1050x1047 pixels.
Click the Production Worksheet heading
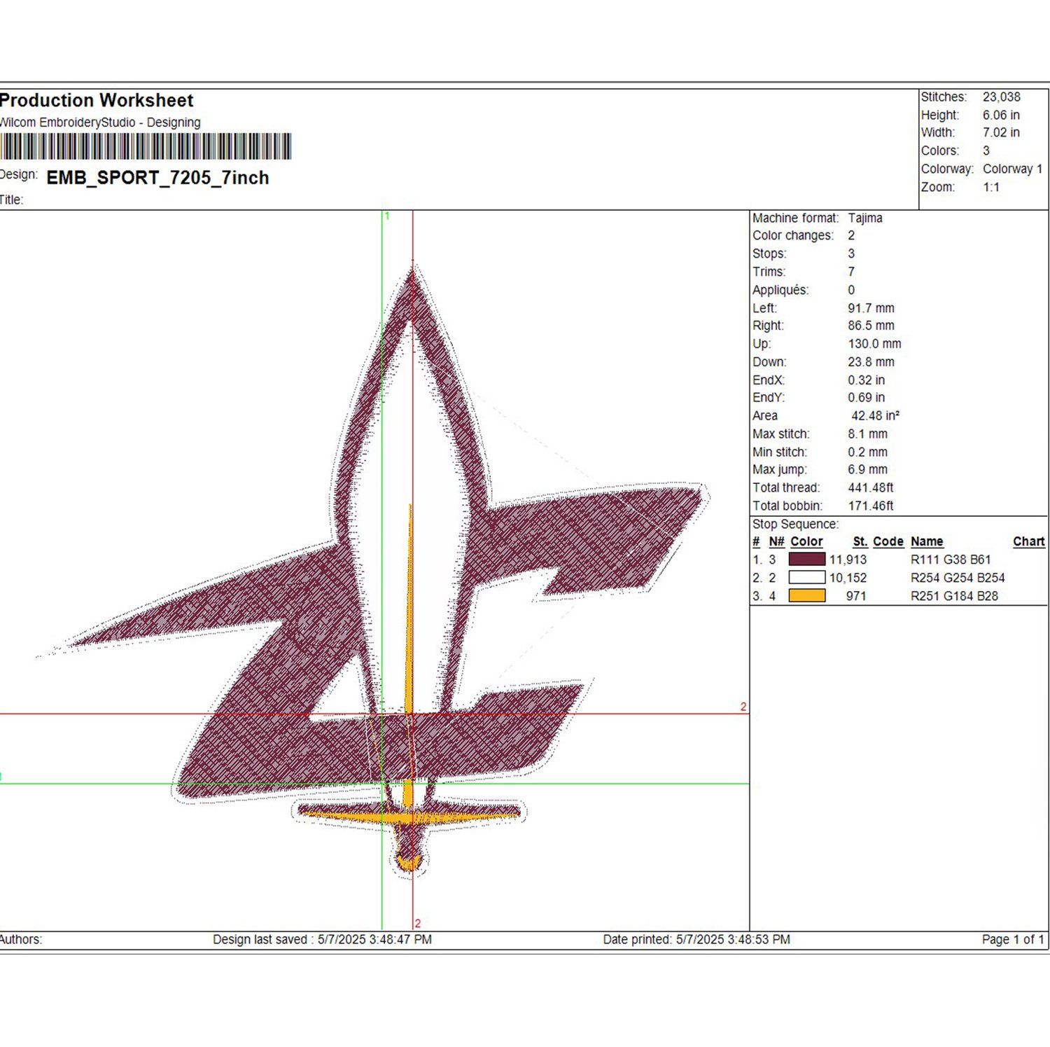(97, 100)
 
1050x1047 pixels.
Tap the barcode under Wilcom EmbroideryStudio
(146, 146)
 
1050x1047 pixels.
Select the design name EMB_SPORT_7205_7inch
(157, 178)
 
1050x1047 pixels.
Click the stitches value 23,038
(1001, 97)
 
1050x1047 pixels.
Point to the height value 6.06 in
(1001, 115)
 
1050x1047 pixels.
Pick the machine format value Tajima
(865, 218)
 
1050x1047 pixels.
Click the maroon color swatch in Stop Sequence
(806, 559)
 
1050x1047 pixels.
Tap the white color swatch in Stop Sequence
(806, 577)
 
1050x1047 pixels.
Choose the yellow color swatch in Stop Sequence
(806, 595)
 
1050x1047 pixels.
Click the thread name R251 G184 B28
(954, 596)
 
